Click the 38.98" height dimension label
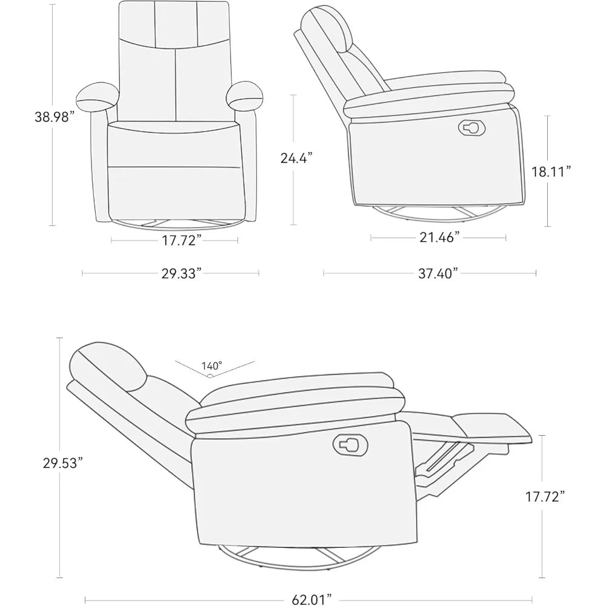pyautogui.click(x=54, y=117)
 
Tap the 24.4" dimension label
pyautogui.click(x=296, y=158)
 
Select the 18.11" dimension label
pyautogui.click(x=551, y=171)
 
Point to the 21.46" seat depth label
pyautogui.click(x=439, y=238)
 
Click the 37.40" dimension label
pyautogui.click(x=438, y=274)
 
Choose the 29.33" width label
pyautogui.click(x=182, y=273)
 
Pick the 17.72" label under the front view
pyautogui.click(x=182, y=241)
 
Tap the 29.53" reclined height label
pyautogui.click(x=62, y=463)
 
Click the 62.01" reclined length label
pyautogui.click(x=311, y=599)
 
